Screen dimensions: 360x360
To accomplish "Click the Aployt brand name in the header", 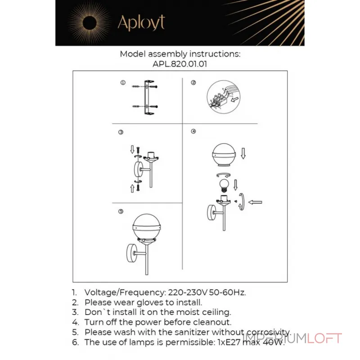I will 141,22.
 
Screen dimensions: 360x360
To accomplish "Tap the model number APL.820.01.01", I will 180,64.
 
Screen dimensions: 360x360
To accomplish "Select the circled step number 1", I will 122,83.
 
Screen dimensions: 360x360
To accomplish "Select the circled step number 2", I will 193,83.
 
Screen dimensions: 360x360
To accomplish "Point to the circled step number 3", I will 121,132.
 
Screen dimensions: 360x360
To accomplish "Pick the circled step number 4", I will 193,131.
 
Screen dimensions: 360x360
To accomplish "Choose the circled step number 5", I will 121,211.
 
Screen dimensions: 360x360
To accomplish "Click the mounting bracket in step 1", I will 147,98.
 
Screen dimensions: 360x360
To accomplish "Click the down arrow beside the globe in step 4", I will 243,154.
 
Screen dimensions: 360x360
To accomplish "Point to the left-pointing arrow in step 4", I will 256,202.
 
